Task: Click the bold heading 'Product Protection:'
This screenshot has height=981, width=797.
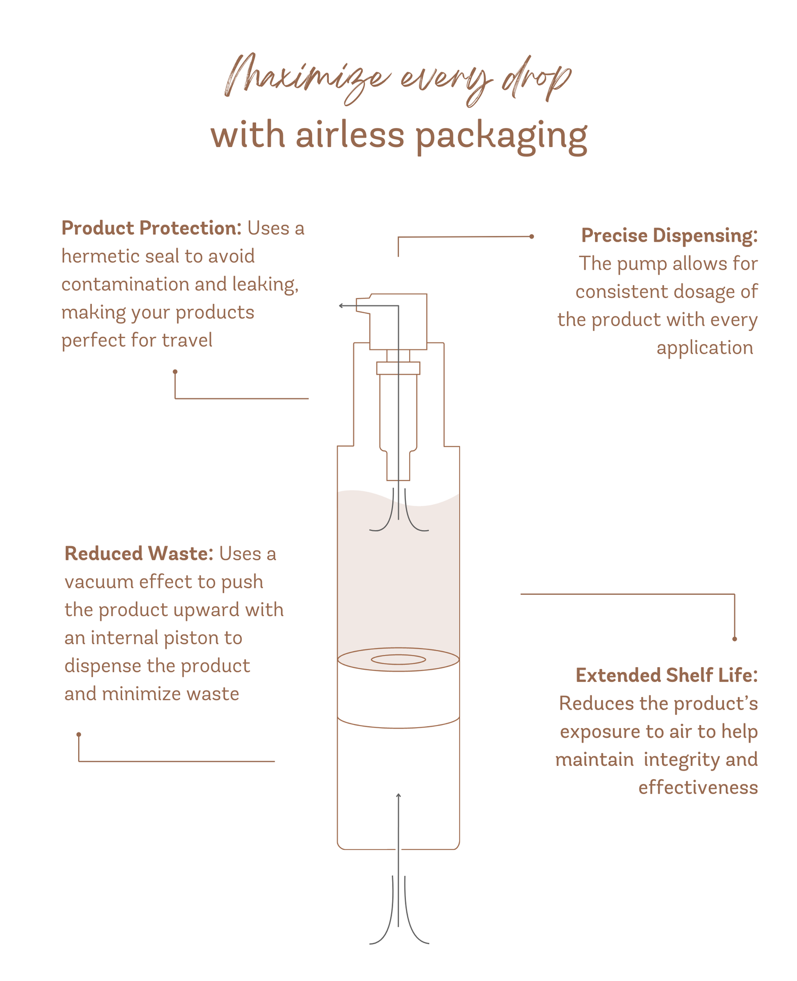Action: (151, 228)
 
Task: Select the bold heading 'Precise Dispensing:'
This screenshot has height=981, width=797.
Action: (669, 236)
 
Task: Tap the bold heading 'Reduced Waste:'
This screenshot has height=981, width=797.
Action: (139, 554)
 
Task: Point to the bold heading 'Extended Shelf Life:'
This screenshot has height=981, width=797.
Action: (666, 676)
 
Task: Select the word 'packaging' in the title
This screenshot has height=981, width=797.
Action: (501, 137)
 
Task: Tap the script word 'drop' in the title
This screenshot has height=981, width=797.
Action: (537, 80)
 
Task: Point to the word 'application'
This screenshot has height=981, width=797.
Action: (705, 348)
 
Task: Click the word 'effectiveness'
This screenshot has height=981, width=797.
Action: (698, 788)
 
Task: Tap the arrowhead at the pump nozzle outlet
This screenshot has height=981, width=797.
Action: (341, 306)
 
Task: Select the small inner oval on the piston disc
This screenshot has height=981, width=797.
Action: (398, 660)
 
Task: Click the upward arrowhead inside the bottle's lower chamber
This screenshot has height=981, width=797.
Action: (398, 796)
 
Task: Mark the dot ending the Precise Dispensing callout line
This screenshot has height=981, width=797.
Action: (531, 236)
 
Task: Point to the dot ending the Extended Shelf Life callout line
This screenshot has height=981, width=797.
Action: (734, 639)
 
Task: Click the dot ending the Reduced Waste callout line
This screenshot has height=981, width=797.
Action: (79, 735)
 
